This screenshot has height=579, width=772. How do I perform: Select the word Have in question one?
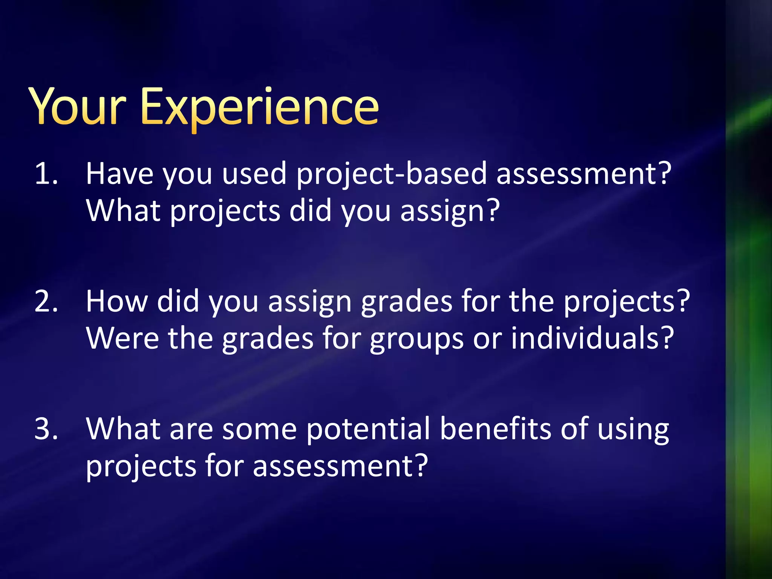pos(120,174)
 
